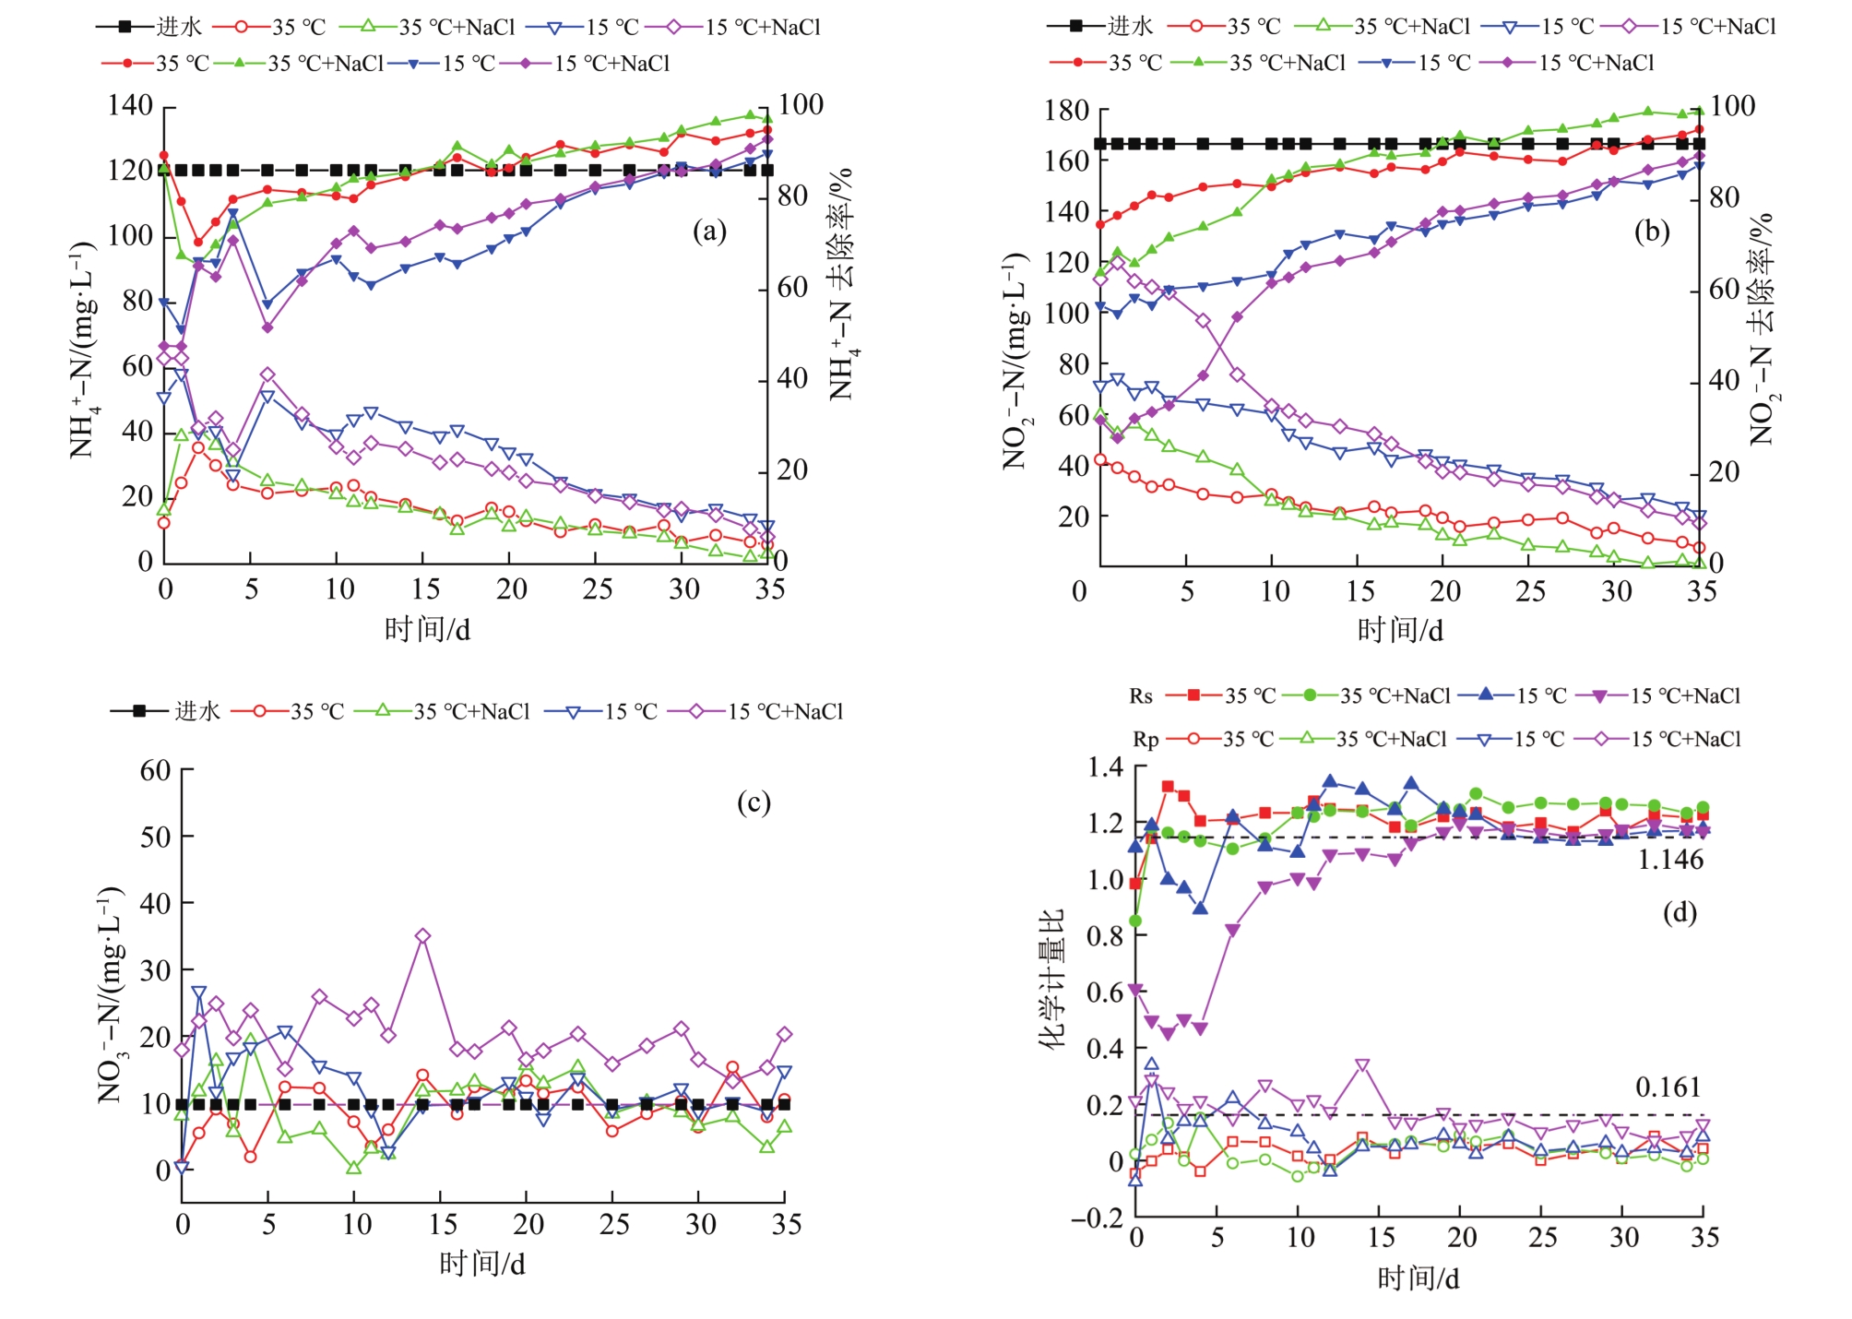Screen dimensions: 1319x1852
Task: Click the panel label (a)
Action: coord(709,231)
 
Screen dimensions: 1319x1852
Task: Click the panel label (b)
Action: coord(1652,231)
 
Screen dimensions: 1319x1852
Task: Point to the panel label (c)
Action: coord(754,802)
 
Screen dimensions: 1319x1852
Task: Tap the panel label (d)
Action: coord(1680,912)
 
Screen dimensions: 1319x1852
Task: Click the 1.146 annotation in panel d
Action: coord(1670,860)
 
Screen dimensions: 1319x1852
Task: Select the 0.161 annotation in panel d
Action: coord(1668,1087)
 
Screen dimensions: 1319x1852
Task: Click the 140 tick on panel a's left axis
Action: coord(130,105)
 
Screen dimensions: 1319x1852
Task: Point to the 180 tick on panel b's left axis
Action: coord(1066,111)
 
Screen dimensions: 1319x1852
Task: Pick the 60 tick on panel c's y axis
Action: coord(155,770)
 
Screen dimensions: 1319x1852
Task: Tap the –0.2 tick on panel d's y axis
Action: coord(1097,1218)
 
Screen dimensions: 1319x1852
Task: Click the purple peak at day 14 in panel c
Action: coord(422,936)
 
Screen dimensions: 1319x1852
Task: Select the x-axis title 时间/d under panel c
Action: coord(481,1264)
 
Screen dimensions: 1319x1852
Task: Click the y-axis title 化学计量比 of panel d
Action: coord(1051,978)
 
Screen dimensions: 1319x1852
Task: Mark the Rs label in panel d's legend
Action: coord(1141,696)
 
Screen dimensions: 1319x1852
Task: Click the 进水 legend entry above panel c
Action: coord(196,711)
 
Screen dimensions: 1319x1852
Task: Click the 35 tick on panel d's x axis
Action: coord(1704,1238)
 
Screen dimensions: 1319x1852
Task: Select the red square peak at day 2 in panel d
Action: coord(1168,787)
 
